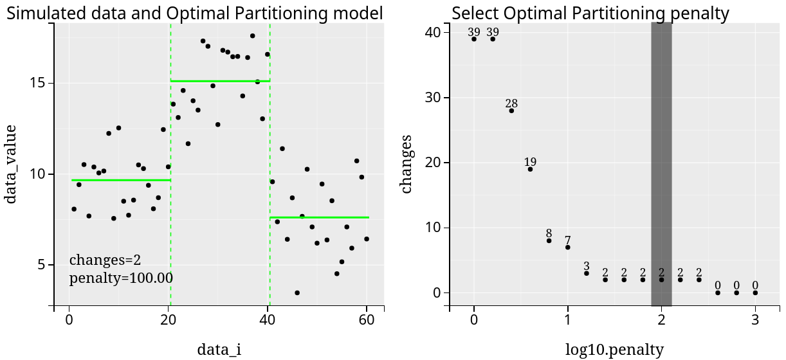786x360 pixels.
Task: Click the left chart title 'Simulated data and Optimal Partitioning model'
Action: click(x=194, y=13)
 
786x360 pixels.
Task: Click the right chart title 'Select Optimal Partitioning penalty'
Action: click(x=590, y=13)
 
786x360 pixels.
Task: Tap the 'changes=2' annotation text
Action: click(x=105, y=260)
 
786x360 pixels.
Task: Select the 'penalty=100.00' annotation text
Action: click(x=121, y=278)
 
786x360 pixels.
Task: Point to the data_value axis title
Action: click(x=11, y=164)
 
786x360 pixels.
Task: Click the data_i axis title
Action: click(x=219, y=350)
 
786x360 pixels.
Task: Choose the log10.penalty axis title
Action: click(x=614, y=350)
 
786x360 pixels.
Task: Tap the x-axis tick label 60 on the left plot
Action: click(x=367, y=324)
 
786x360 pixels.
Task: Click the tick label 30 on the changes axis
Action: click(x=431, y=98)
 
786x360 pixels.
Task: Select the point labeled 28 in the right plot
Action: click(x=511, y=111)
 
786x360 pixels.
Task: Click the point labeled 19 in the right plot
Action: click(x=530, y=169)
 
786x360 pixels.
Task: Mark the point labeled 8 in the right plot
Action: click(x=549, y=240)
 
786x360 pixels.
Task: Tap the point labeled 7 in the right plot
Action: click(x=567, y=247)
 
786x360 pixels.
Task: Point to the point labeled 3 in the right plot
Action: click(x=586, y=273)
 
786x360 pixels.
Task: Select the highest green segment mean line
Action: click(x=220, y=81)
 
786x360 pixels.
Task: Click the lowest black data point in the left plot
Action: click(x=297, y=292)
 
